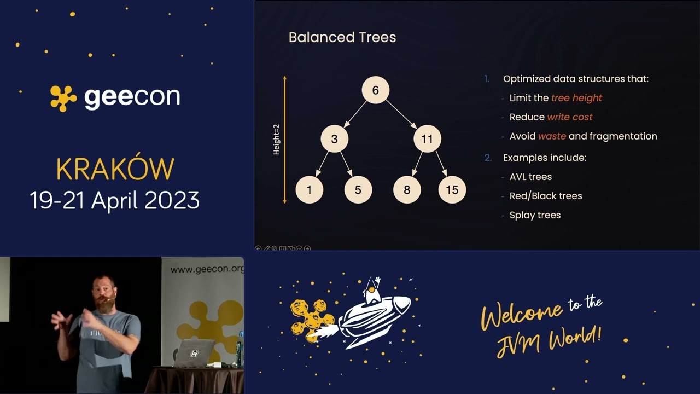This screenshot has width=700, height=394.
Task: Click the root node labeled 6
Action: pos(375,90)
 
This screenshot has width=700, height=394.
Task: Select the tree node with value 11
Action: pos(427,139)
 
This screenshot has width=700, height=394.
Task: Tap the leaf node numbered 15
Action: pos(452,190)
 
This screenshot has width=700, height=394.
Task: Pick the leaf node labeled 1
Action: pos(309,190)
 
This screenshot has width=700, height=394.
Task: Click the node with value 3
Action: pos(334,139)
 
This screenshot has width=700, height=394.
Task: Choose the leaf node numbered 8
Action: pos(407,190)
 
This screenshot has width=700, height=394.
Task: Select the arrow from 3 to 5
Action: pos(346,164)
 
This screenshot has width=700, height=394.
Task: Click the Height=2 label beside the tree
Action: pos(276,139)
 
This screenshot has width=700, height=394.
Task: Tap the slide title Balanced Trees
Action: pos(342,37)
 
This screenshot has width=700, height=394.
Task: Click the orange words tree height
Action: pos(576,98)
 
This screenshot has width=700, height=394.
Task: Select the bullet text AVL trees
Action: pos(530,177)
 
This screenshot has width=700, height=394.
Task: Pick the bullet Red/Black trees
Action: pos(545,196)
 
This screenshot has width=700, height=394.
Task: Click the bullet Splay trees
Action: pos(534,215)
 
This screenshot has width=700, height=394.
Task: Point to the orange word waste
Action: pos(552,136)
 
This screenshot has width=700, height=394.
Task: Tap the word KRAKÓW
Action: pos(115,170)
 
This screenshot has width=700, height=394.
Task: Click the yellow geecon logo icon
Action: pos(63,98)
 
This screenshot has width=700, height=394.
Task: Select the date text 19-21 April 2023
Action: pos(115,200)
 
